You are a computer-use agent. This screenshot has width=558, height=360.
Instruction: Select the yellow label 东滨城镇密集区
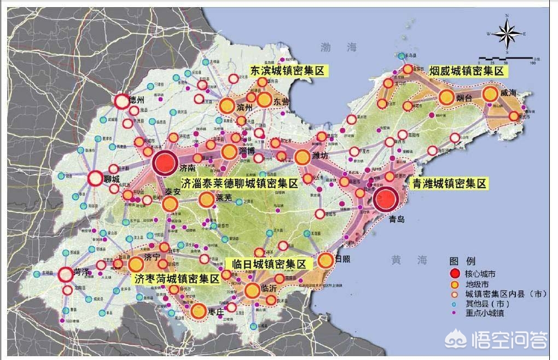click(287, 70)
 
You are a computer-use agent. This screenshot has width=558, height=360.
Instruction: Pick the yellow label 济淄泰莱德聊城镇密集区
click(240, 183)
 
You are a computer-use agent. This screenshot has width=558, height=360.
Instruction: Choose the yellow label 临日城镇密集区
click(269, 264)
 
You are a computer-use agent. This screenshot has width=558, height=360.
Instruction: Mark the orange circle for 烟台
click(446, 98)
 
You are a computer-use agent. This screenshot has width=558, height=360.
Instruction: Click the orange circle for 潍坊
click(302, 158)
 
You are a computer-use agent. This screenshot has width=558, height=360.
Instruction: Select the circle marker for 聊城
click(95, 178)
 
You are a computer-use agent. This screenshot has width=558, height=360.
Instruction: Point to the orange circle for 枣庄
click(199, 311)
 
